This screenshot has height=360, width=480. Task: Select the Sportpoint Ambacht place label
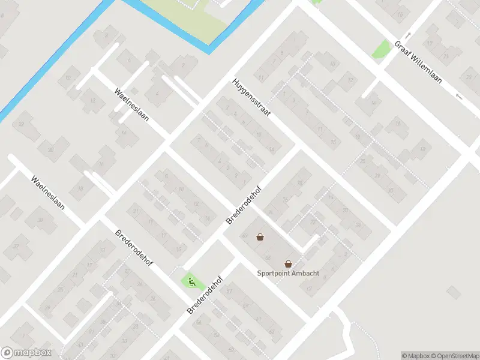coord(288,274)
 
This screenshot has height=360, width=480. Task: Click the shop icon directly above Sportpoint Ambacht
coord(288,263)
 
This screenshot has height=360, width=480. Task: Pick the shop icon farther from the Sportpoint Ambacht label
coord(260,237)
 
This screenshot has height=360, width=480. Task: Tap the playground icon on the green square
coord(191,281)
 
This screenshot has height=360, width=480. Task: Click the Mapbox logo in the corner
coord(26,353)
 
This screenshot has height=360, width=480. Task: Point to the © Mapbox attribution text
coord(416,356)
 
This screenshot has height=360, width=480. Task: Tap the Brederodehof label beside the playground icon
coord(205,295)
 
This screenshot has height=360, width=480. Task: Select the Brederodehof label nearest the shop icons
coord(244,204)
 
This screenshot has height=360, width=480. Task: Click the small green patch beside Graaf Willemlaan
coord(381,49)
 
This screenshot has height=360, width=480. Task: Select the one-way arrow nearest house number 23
coord(458,97)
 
